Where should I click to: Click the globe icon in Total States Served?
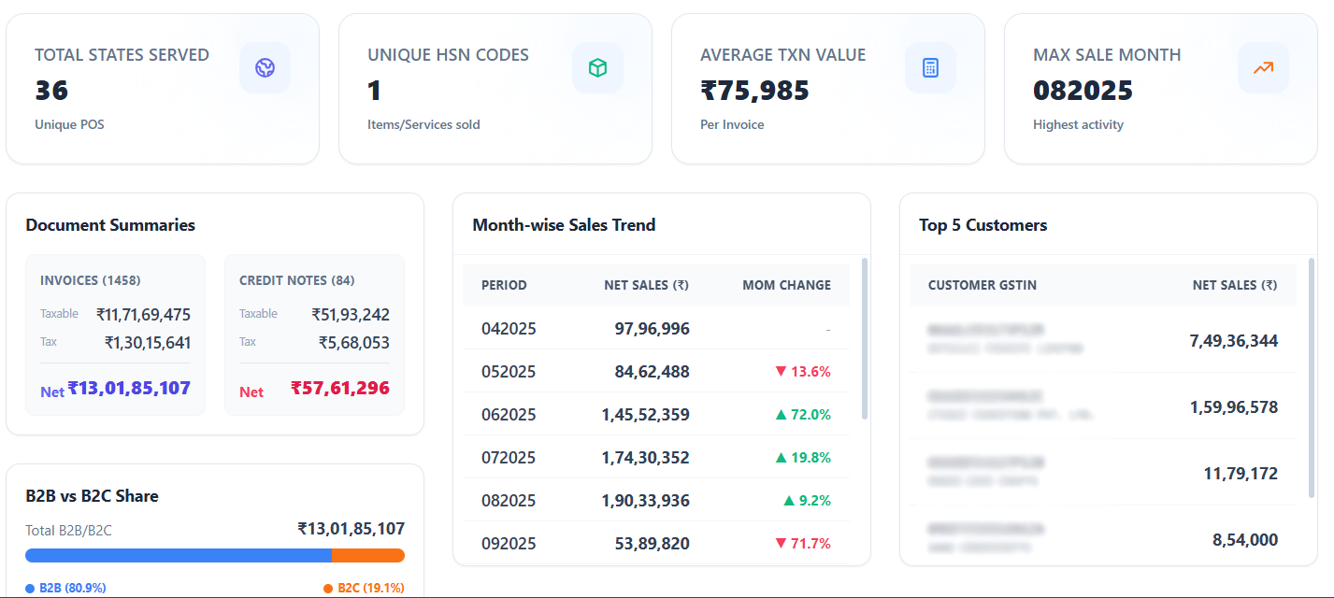pyautogui.click(x=265, y=68)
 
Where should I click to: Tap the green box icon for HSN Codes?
pyautogui.click(x=597, y=68)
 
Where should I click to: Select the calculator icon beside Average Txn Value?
pyautogui.click(x=930, y=68)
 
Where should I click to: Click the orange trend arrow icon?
pyautogui.click(x=1263, y=68)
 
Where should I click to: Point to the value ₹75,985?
pyautogui.click(x=754, y=91)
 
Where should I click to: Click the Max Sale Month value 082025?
pyautogui.click(x=1083, y=91)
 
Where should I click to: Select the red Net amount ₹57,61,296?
pyautogui.click(x=340, y=388)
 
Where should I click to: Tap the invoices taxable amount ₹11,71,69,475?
pyautogui.click(x=143, y=315)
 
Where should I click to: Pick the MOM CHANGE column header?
pyautogui.click(x=786, y=285)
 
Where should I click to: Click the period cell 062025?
pyautogui.click(x=509, y=415)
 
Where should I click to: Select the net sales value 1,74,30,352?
pyautogui.click(x=645, y=458)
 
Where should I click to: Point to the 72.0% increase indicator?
pyautogui.click(x=803, y=415)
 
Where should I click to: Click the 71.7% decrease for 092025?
pyautogui.click(x=803, y=544)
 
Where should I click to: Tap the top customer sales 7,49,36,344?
pyautogui.click(x=1233, y=341)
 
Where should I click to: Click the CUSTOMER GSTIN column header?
pyautogui.click(x=982, y=285)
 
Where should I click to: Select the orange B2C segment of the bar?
pyautogui.click(x=368, y=556)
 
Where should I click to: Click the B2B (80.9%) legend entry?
pyautogui.click(x=66, y=588)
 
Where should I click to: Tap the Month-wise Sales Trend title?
pyautogui.click(x=564, y=225)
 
